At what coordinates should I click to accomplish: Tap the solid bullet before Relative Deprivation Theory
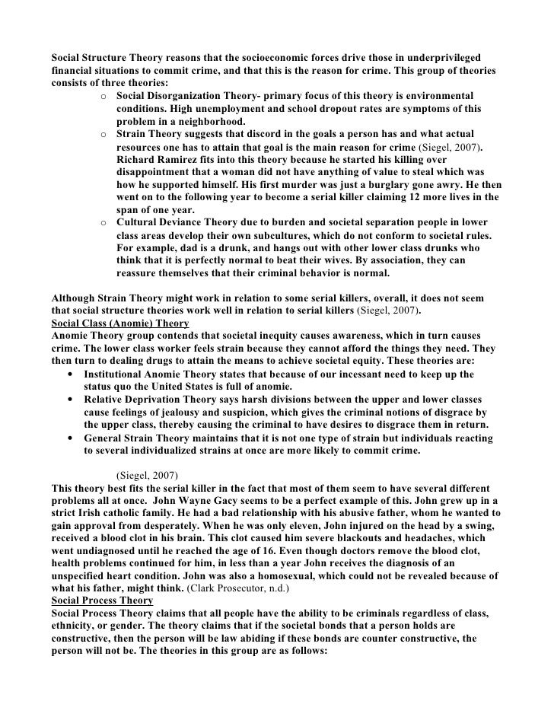coord(71,400)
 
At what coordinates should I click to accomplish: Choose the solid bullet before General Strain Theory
coord(71,438)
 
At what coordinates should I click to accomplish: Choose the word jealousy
coord(180,413)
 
